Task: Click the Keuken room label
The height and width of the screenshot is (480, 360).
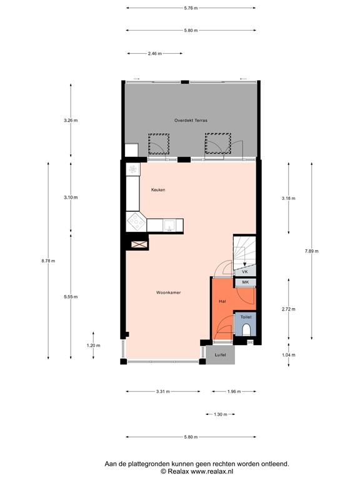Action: [x=158, y=189]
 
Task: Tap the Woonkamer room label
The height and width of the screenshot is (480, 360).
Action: [x=169, y=292]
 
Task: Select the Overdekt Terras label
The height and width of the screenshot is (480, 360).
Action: [x=191, y=119]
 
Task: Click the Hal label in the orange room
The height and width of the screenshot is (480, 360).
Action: [x=222, y=301]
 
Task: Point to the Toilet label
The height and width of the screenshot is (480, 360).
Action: [x=246, y=317]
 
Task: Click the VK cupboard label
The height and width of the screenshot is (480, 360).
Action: [x=245, y=272]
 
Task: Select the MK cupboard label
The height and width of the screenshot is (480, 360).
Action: [x=245, y=283]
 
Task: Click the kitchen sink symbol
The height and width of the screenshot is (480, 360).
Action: [x=169, y=224]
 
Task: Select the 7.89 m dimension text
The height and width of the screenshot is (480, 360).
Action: [x=311, y=251]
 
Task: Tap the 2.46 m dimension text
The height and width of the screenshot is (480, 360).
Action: [x=155, y=54]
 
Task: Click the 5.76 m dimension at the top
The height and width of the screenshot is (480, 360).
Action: [x=191, y=8]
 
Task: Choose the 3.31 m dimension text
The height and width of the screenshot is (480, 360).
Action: [x=162, y=392]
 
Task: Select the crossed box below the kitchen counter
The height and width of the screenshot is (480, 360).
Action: [x=139, y=245]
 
